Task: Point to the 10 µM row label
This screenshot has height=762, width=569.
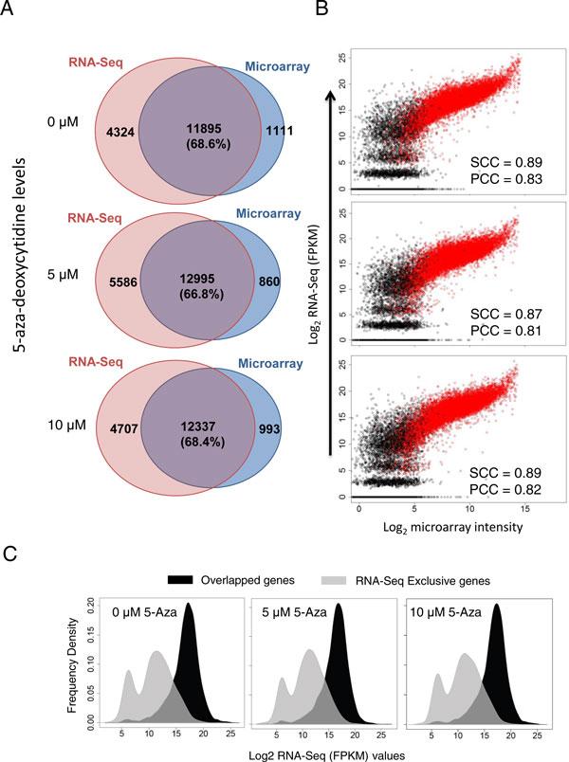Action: [69, 426]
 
